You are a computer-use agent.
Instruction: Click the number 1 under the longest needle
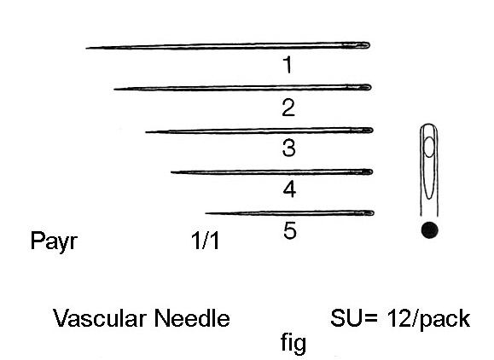[x=288, y=65]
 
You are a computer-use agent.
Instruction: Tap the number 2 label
[x=288, y=107]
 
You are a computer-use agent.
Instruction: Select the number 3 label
[x=289, y=148]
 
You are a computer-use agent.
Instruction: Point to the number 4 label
[x=289, y=189]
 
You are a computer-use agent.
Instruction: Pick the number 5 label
[x=290, y=230]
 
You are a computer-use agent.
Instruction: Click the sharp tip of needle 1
[x=86, y=48]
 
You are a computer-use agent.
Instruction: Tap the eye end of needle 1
[x=369, y=45]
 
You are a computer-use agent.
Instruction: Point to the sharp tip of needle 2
[x=114, y=90]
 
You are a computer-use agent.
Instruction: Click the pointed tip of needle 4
[x=171, y=172]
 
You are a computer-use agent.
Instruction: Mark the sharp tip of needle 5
[x=206, y=213]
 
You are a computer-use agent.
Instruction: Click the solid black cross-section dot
[x=429, y=230]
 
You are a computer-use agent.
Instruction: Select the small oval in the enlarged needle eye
[x=429, y=147]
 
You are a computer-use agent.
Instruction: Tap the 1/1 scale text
[x=205, y=241]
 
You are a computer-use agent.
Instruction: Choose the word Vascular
[x=100, y=318]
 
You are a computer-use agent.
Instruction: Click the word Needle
[x=192, y=318]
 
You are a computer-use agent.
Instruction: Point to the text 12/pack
[x=429, y=319]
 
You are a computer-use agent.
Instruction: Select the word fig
[x=293, y=343]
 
